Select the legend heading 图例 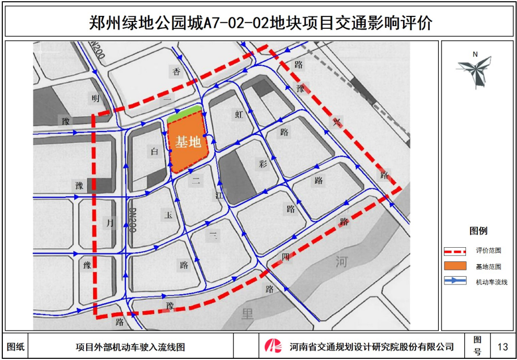(478, 231)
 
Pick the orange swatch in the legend (455, 266)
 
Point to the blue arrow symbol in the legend (455, 281)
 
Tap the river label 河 (341, 262)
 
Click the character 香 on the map (176, 71)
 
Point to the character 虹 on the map (239, 114)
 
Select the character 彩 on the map (262, 164)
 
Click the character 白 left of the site (154, 151)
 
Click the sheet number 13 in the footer (502, 346)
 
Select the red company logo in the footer (274, 346)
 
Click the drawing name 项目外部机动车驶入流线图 (130, 346)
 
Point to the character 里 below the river (247, 313)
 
